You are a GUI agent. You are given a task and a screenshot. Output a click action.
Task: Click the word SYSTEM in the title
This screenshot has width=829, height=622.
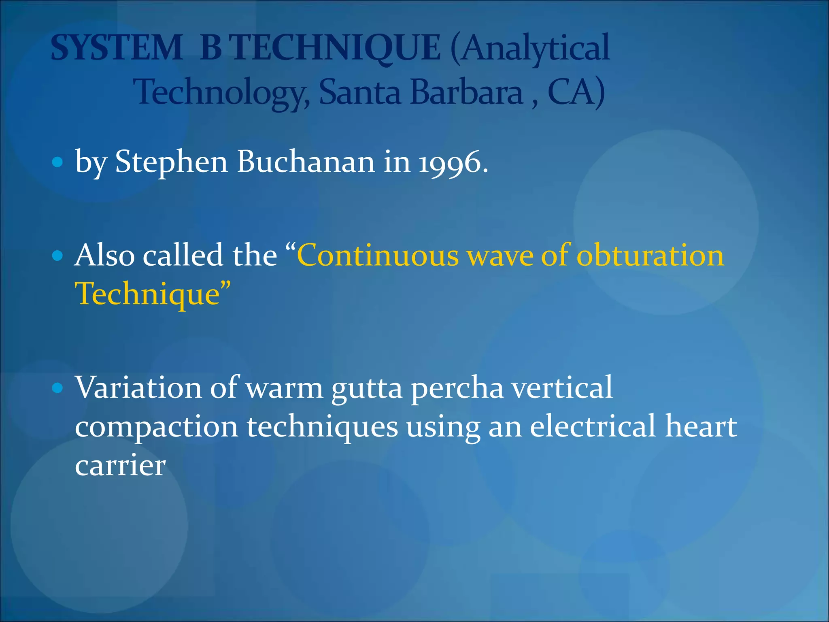117,48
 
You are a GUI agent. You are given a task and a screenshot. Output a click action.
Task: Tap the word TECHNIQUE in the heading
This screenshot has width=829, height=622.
337,48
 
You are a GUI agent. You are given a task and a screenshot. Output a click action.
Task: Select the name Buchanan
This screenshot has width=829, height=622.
306,162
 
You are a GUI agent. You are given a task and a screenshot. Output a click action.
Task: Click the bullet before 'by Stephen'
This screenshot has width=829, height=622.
58,162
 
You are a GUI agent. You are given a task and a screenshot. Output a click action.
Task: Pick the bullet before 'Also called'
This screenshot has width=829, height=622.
58,256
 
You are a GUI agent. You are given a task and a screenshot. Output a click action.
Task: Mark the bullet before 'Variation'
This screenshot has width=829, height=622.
58,388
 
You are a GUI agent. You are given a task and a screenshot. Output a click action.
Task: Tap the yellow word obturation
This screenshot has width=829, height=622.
650,256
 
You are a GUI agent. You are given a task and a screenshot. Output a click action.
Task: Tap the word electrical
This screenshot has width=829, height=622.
592,427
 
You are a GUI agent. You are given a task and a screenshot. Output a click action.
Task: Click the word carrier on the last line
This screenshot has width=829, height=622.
120,466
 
